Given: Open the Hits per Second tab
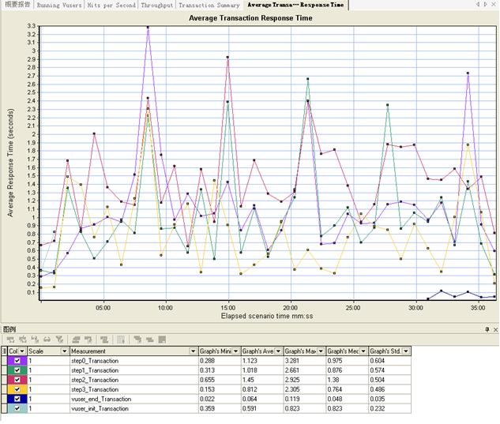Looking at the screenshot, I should click(112, 5).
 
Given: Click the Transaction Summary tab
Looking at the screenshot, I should click(209, 5).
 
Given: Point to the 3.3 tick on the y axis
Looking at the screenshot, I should click(32, 26).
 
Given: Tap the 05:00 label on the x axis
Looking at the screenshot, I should click(102, 308).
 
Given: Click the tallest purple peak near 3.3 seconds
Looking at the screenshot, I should click(148, 28).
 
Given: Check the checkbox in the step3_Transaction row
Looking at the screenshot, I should click(17, 388).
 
